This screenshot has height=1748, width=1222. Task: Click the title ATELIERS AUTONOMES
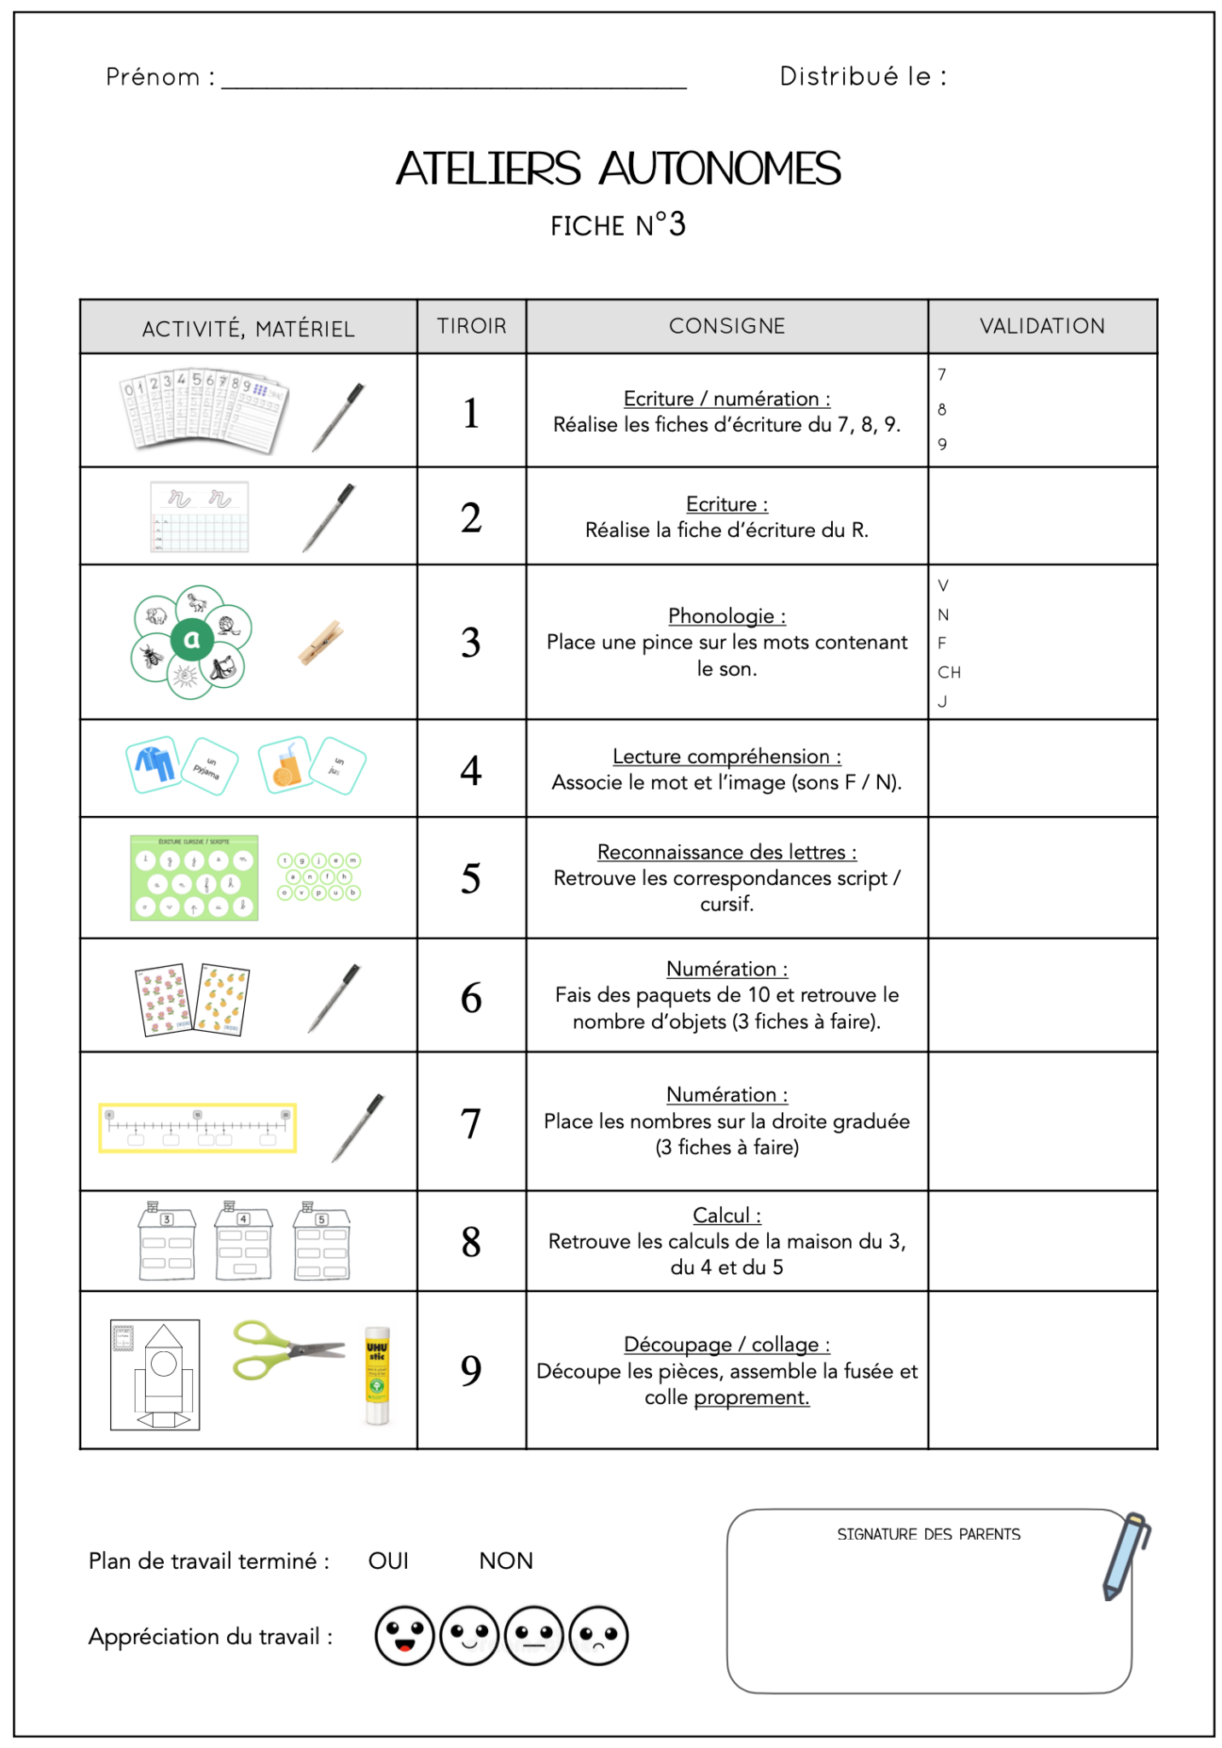[x=618, y=168]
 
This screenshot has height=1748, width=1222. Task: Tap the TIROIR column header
[x=471, y=326]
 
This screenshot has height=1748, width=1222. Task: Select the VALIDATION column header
[x=1041, y=326]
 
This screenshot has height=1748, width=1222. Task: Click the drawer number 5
[x=471, y=878]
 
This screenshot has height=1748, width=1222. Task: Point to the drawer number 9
[x=471, y=1370]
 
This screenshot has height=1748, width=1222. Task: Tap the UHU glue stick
[x=377, y=1374]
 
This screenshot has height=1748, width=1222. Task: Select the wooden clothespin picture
[x=321, y=642]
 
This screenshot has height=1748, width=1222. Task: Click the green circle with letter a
[x=192, y=639]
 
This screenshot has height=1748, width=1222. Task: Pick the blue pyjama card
[x=154, y=763]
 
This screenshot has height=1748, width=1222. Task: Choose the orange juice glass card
[x=284, y=765]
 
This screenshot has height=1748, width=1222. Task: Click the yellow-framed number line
[x=197, y=1127]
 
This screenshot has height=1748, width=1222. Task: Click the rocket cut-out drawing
[x=155, y=1374]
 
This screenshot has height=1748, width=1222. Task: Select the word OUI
[x=388, y=1561]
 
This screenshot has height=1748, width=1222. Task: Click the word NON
[x=506, y=1561]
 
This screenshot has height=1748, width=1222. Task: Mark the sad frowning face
[x=598, y=1636]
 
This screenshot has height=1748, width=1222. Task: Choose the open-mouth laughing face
[x=404, y=1636]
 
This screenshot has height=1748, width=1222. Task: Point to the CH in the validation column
[x=949, y=673]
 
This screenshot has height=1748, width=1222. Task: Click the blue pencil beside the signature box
[x=1125, y=1555]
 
